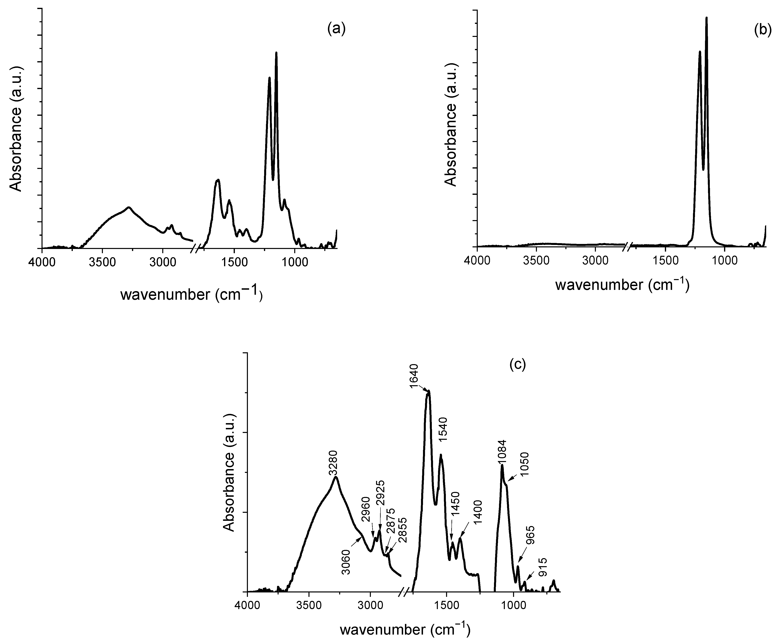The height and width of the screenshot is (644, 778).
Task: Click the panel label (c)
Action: (517, 364)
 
